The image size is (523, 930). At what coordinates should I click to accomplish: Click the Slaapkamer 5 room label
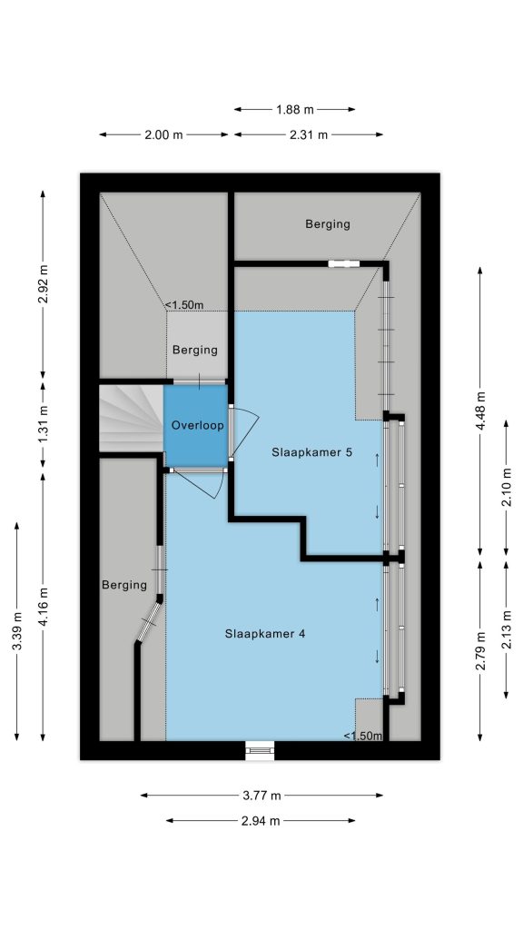point(312,452)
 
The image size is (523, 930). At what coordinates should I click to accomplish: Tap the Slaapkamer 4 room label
point(265,633)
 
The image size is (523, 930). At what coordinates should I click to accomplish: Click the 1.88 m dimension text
point(295,109)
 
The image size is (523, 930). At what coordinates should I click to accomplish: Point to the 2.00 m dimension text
point(163,134)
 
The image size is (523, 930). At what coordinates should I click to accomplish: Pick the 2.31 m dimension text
point(309,134)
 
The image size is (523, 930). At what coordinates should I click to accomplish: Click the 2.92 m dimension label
point(43,283)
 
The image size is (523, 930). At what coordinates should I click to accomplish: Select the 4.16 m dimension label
point(43,607)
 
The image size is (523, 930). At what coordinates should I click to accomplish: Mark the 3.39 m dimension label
point(17,632)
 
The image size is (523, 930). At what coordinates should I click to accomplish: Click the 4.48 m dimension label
point(480,411)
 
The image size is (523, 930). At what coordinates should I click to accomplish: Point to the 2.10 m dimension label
point(507,487)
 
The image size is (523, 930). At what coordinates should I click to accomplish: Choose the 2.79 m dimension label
point(480,651)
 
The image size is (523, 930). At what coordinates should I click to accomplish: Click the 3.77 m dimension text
point(261,796)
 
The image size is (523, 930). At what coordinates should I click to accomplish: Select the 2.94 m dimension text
point(261,821)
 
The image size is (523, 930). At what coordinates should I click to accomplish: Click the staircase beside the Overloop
point(131,418)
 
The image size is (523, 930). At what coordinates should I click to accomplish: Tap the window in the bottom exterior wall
point(261,750)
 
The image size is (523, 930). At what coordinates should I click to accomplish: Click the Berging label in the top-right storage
point(328,224)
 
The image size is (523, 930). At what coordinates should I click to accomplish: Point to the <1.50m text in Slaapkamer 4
point(363,736)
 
